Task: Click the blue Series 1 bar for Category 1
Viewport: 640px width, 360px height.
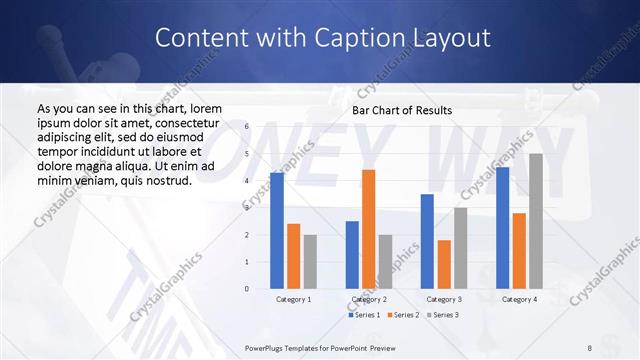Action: click(277, 231)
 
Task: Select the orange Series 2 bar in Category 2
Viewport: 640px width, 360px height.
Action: click(368, 229)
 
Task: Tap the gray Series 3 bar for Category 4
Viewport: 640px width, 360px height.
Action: click(535, 221)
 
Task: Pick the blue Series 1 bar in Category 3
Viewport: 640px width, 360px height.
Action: click(427, 241)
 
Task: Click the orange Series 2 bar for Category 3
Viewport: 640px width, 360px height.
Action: click(443, 264)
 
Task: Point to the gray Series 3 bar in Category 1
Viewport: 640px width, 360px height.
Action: click(310, 262)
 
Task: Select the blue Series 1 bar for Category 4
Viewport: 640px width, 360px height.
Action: click(502, 228)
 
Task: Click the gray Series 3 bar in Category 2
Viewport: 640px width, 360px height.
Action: click(385, 262)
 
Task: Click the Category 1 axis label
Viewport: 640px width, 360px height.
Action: click(294, 299)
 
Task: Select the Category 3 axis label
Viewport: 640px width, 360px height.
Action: click(443, 299)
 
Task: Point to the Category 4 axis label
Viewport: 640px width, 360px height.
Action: click(518, 299)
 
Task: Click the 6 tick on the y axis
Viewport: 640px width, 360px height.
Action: click(246, 127)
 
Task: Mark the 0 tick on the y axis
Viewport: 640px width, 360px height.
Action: click(246, 289)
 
